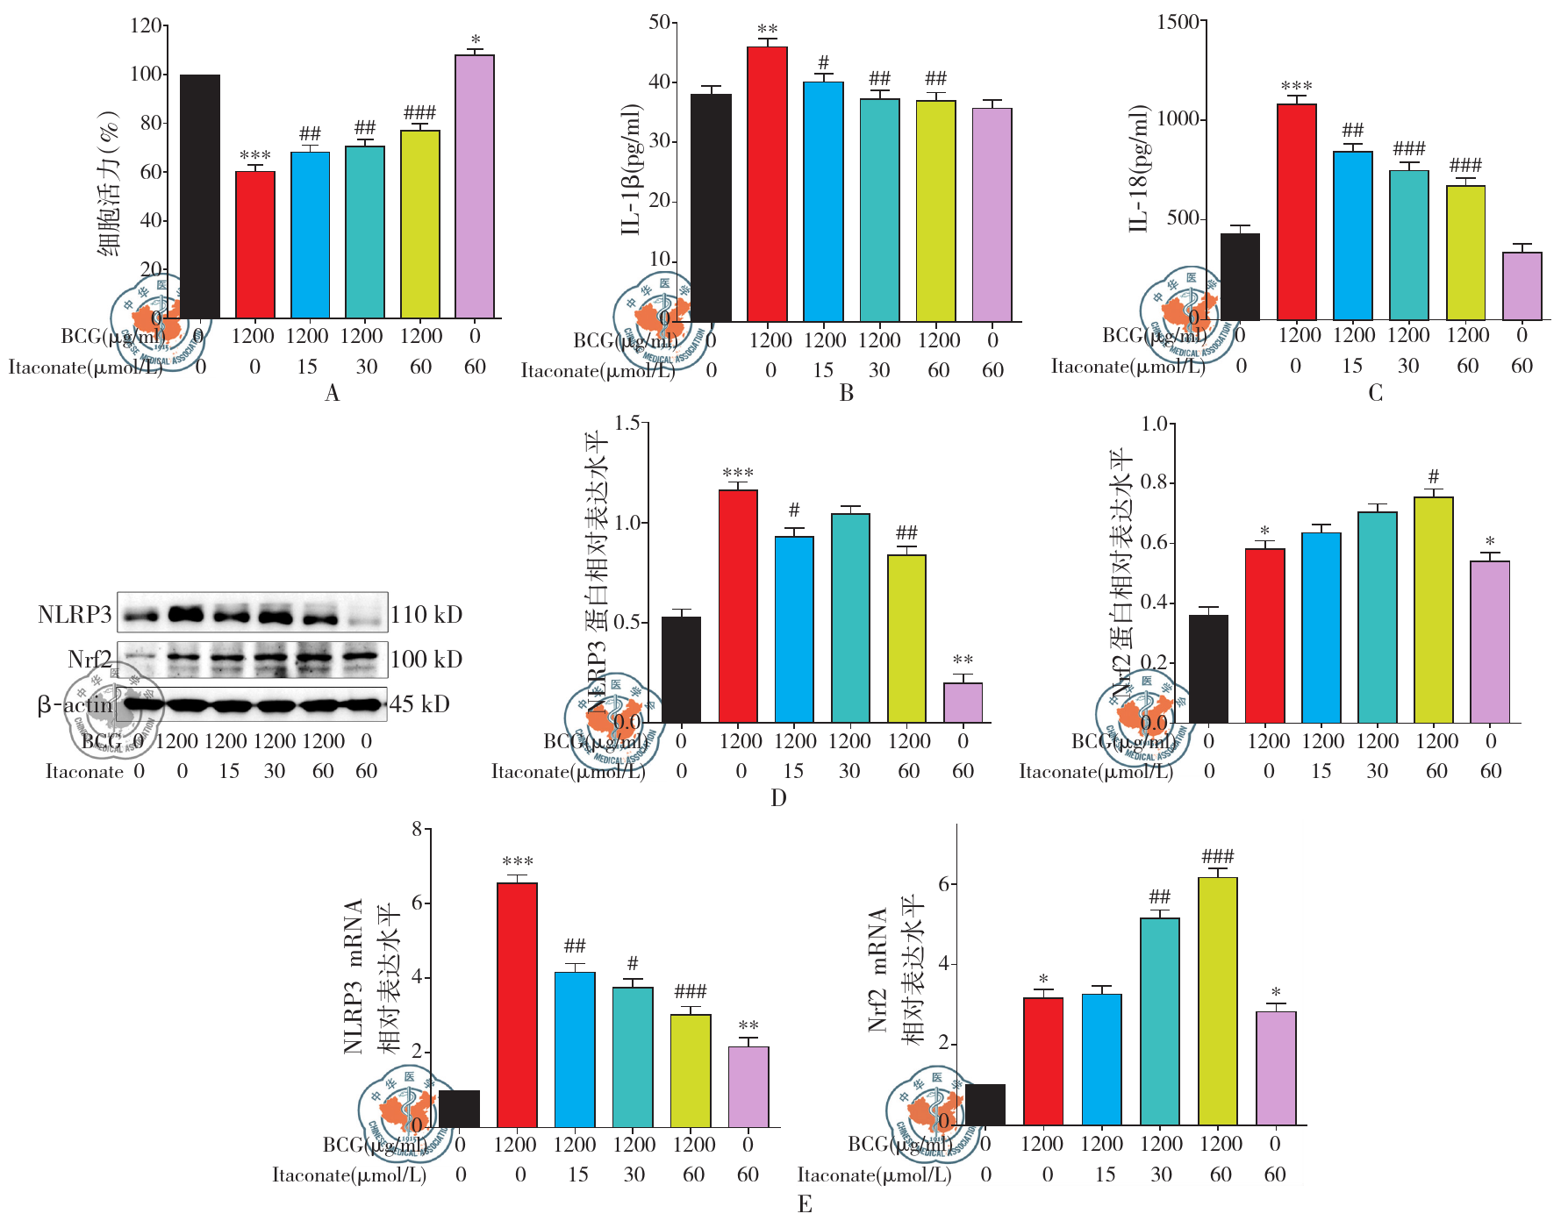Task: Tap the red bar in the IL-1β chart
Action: coord(767,184)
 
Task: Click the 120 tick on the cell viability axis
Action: coord(146,25)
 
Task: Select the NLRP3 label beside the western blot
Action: coord(75,614)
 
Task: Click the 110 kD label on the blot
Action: coord(426,614)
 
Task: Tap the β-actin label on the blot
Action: coord(75,704)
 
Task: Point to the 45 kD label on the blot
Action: coord(419,704)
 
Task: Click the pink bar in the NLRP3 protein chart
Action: coord(963,703)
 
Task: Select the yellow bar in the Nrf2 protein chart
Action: coord(1433,610)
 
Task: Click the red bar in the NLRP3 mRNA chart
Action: coord(517,1004)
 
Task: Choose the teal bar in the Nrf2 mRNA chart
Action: coord(1159,1022)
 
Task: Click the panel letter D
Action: coord(778,798)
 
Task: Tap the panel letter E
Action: coord(805,1204)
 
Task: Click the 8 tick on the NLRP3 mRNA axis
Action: coord(417,829)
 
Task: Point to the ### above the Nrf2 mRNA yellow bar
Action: coord(1217,856)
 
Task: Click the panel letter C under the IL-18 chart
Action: coord(1375,394)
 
